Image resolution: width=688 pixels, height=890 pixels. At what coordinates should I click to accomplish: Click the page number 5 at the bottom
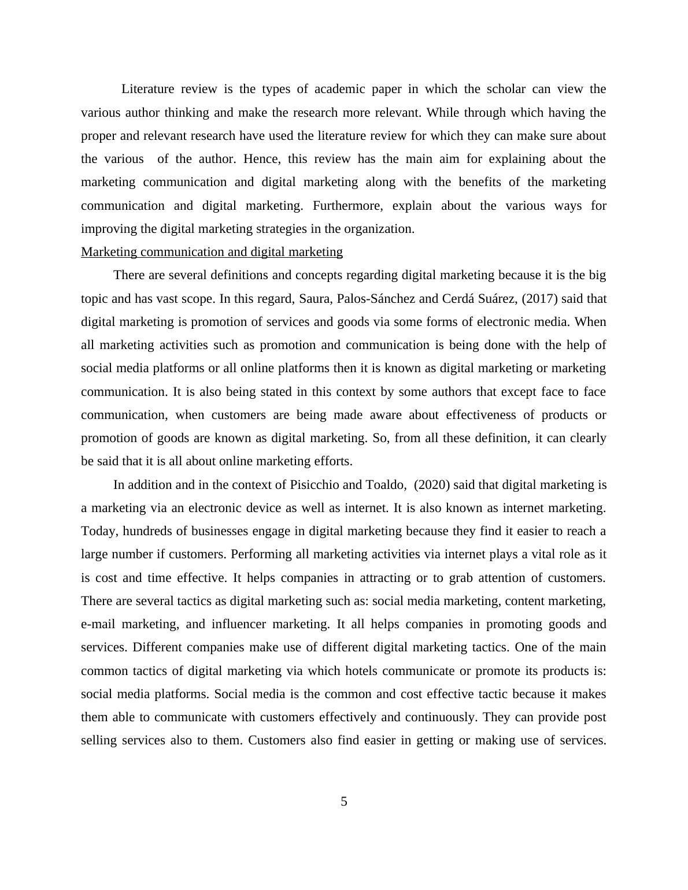click(344, 802)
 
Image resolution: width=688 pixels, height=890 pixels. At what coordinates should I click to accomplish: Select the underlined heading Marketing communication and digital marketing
click(212, 252)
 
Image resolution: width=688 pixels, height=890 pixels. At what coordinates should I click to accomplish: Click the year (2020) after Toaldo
click(432, 485)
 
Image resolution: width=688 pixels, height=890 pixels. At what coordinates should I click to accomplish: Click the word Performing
click(261, 554)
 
